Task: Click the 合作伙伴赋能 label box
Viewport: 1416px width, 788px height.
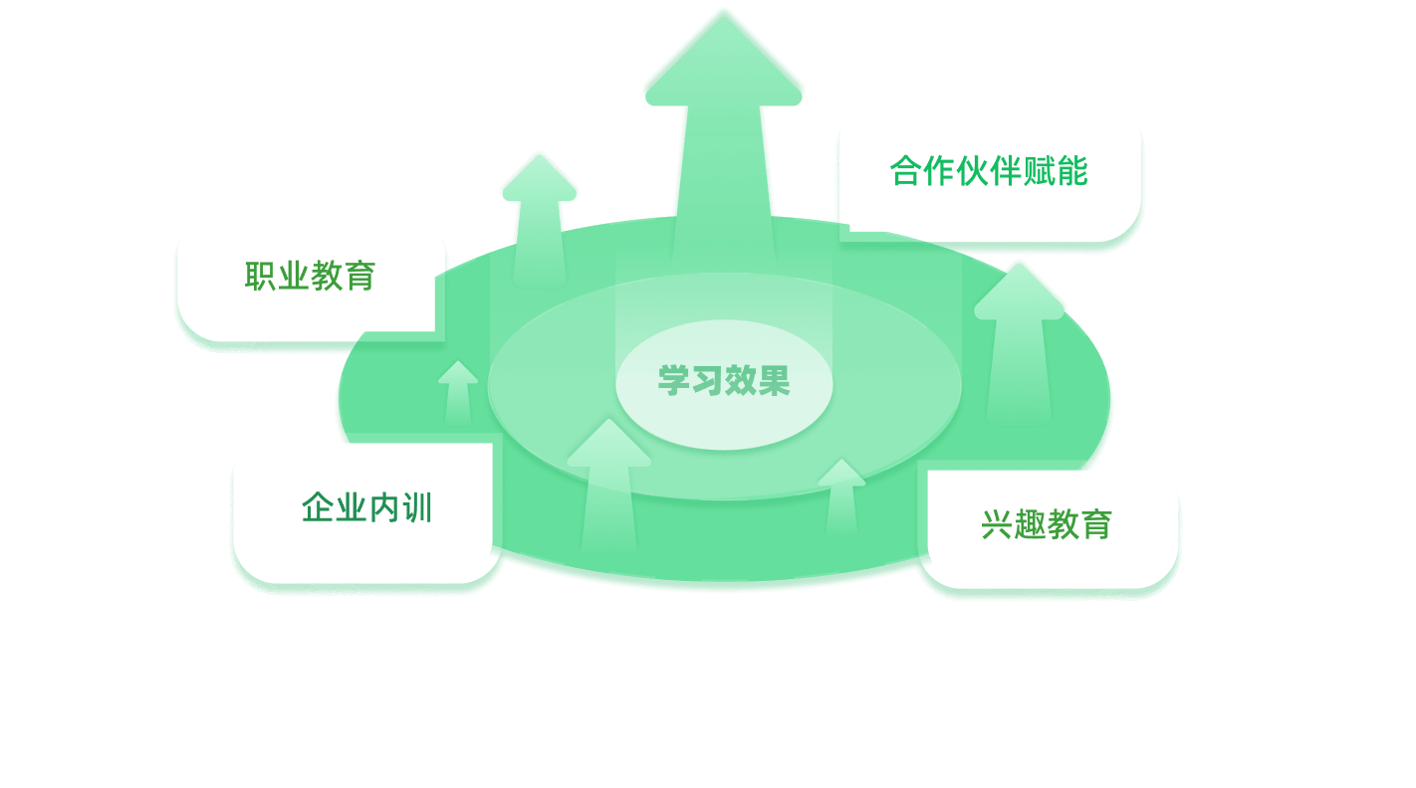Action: coord(989,169)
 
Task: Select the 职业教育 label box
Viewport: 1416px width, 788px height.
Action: coord(310,276)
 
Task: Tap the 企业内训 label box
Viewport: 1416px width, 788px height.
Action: coord(365,508)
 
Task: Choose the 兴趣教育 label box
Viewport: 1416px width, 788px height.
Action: coord(1046,524)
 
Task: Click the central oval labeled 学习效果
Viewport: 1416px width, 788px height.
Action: coord(724,381)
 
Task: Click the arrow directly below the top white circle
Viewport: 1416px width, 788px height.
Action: coord(538,214)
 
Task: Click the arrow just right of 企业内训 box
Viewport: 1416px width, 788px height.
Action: coord(607,488)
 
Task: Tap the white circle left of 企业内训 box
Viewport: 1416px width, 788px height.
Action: coord(152,557)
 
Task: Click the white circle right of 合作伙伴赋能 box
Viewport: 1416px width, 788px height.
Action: coord(1272,237)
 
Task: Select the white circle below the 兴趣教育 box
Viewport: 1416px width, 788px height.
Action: coord(1222,638)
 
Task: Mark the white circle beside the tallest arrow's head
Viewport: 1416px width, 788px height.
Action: coord(513,88)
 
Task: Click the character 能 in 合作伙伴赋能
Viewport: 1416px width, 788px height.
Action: coord(1070,171)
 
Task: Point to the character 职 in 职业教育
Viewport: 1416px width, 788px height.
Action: coord(261,276)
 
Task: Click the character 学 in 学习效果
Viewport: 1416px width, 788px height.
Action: coord(673,381)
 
